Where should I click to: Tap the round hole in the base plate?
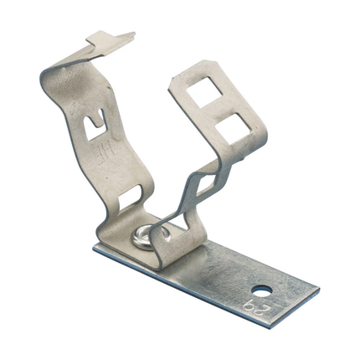click(x=265, y=292)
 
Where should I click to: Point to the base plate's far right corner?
click(x=319, y=292)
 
